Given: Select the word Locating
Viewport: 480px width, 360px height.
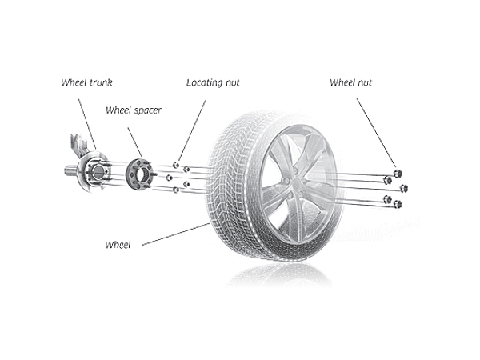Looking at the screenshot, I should pos(206,82).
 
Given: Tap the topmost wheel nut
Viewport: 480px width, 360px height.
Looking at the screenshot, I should pos(398,173).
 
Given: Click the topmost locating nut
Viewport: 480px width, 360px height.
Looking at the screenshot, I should pos(176,164).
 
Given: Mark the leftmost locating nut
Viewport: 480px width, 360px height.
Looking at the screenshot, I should pos(169,177).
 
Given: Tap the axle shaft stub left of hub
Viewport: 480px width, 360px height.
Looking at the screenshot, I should pos(68,170).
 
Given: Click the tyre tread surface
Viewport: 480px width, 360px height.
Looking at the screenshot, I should pos(232,184).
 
